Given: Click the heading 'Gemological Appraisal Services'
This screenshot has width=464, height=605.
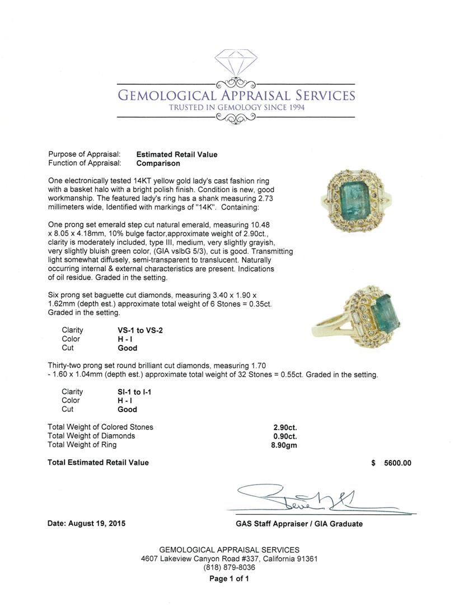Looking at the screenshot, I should [236, 95].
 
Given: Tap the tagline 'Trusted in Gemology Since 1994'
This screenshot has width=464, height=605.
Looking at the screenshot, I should [236, 108].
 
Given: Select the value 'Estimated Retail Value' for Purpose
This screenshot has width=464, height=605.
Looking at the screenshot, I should [177, 155].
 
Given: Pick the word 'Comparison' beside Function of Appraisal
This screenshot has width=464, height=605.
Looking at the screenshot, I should [158, 164].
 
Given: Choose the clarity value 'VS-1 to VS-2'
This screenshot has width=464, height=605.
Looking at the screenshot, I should [137, 330].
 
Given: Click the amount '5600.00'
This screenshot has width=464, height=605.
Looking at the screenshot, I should [398, 463].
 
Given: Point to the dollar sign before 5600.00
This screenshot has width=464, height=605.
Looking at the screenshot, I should [373, 463].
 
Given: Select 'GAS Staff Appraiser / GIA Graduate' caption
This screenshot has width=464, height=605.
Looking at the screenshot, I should [299, 524].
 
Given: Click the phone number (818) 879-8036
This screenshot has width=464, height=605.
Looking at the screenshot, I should [229, 567].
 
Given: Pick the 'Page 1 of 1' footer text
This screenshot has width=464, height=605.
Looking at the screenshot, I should [229, 579].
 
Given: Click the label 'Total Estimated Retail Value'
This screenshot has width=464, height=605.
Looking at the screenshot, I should [99, 463].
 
